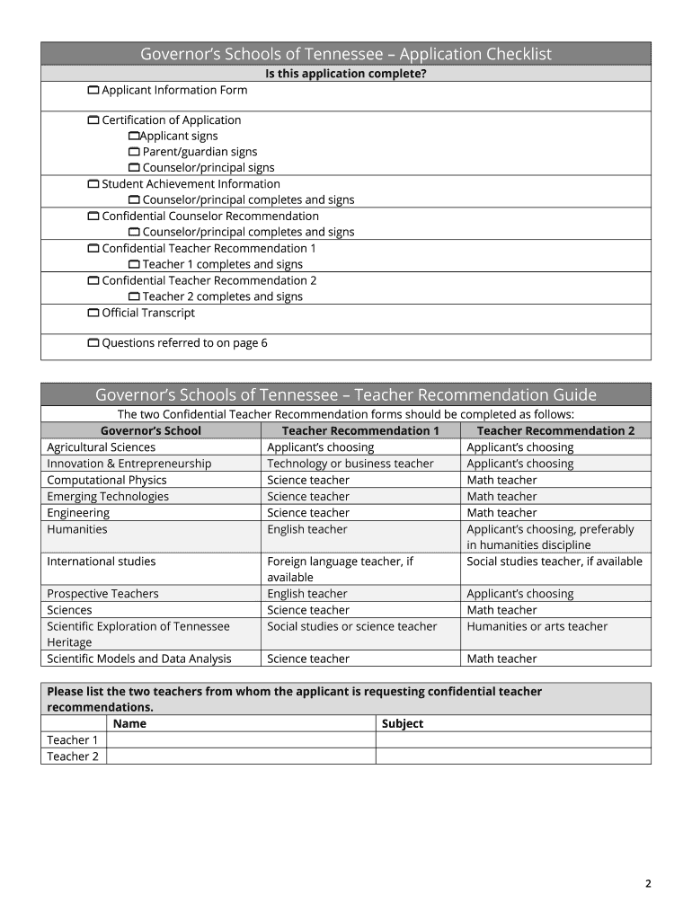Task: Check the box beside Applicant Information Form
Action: click(x=93, y=91)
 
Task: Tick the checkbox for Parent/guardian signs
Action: click(x=134, y=152)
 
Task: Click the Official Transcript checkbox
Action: click(x=93, y=314)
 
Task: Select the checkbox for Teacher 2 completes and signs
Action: click(x=134, y=297)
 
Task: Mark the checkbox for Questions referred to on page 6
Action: click(x=93, y=343)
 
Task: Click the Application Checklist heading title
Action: click(x=345, y=55)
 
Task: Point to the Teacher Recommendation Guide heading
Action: click(x=345, y=395)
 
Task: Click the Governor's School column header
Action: click(x=150, y=431)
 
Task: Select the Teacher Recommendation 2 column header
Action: click(x=554, y=431)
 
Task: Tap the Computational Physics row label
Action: click(x=106, y=481)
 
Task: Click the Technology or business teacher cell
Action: click(x=350, y=464)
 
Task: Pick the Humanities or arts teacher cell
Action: click(x=537, y=627)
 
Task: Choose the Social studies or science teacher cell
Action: click(x=351, y=627)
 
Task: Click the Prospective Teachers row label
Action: click(x=102, y=594)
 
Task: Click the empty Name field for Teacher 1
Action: click(x=241, y=740)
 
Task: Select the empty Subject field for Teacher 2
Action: click(x=512, y=756)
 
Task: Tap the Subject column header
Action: click(x=402, y=724)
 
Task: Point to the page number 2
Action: click(x=647, y=884)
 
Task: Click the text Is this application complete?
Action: click(x=345, y=74)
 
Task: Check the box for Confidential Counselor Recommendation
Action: click(x=93, y=217)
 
